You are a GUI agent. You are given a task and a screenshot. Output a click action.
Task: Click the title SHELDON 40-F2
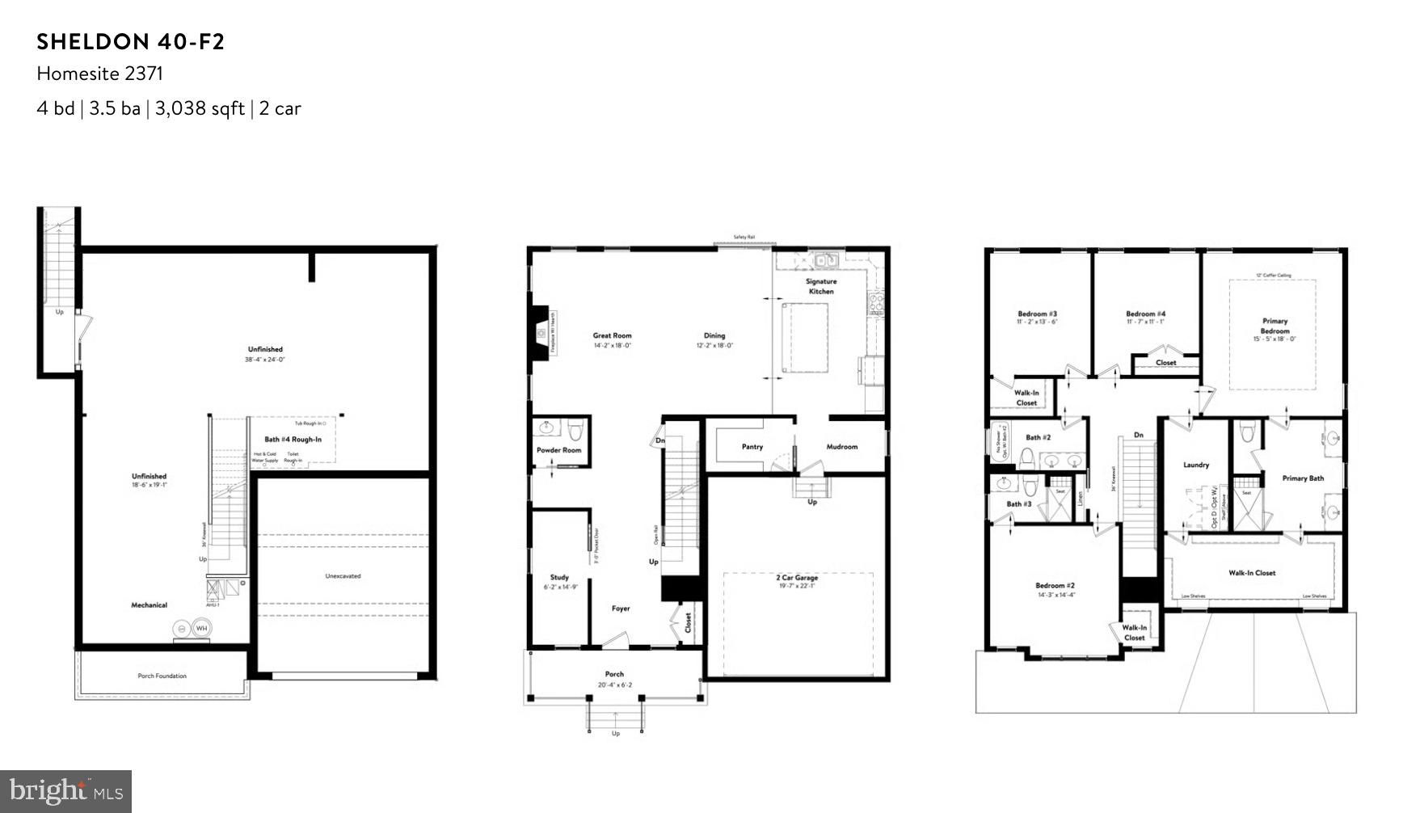coord(130,42)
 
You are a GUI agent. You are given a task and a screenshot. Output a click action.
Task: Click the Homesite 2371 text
coord(99,74)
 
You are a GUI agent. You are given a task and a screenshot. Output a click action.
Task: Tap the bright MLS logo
coord(66,790)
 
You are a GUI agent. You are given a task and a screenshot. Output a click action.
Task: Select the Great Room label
coord(612,335)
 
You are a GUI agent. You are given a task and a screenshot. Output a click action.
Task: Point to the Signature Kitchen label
coord(821,286)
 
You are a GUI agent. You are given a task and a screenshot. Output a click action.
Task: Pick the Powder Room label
coord(558,450)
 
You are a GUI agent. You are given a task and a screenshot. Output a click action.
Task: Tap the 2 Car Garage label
coord(797,578)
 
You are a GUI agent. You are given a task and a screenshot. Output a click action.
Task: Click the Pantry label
coord(752,447)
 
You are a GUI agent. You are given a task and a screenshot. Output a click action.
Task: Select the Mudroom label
coord(841,447)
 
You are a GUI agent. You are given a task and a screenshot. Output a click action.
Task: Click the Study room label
coord(559,578)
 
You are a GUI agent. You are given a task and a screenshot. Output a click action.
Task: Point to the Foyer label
coord(620,609)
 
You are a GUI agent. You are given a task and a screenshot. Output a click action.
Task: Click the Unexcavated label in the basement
coord(343,576)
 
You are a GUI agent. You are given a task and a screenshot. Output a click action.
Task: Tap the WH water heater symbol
coord(200,628)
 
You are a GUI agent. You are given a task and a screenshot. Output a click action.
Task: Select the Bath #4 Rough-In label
coord(293,440)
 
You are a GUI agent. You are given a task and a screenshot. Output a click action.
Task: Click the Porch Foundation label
coord(162,676)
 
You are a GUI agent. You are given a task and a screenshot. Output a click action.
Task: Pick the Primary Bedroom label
coord(1274,326)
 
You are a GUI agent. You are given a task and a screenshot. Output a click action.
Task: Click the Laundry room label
coord(1195,465)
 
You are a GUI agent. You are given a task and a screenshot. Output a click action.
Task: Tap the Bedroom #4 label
coord(1145,314)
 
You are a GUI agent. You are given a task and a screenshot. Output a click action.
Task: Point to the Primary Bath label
coord(1303,478)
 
